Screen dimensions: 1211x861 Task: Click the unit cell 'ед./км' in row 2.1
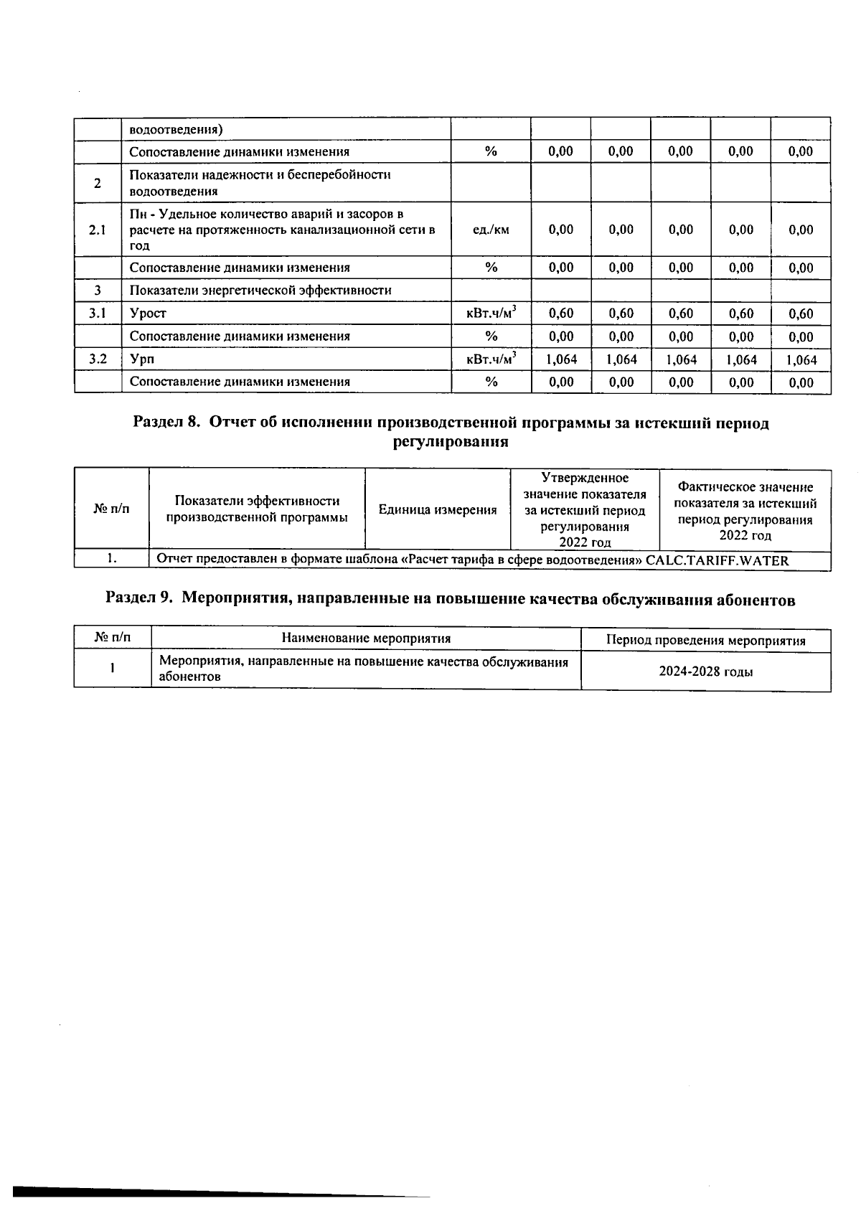pos(491,230)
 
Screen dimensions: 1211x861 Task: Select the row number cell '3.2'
pos(98,359)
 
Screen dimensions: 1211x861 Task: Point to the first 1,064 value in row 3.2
pos(561,359)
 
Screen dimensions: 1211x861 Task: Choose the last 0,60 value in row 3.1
pos(801,314)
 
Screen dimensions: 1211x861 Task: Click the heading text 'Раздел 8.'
pos(166,423)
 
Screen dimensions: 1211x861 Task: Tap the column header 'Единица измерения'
pos(438,510)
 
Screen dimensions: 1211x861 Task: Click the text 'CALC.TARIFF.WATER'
pos(717,561)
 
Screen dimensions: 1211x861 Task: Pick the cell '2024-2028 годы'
pos(706,672)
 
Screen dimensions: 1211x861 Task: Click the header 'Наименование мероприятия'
pos(366,639)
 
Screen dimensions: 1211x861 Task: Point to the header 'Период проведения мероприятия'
pos(706,641)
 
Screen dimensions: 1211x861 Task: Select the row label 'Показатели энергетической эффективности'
pos(260,291)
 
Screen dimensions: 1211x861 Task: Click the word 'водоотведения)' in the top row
pos(176,130)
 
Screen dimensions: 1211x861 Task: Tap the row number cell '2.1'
pos(98,230)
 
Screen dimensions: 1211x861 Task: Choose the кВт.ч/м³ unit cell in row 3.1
pos(491,314)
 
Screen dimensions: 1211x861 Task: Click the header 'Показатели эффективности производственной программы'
pos(257,509)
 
